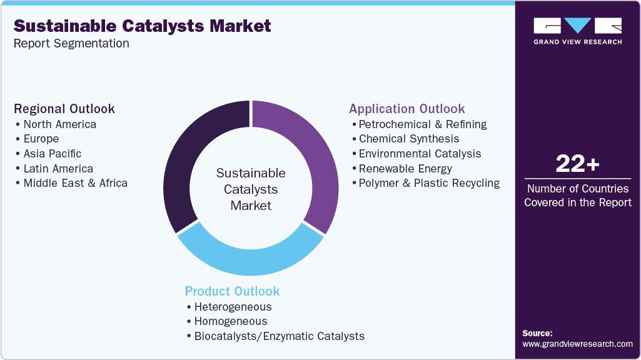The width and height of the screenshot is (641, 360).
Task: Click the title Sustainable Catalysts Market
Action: tap(143, 26)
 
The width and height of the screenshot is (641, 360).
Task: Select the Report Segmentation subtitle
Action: tap(71, 44)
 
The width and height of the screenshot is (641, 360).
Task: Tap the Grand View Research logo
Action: tap(577, 31)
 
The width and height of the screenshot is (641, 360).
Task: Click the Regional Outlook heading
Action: tap(64, 109)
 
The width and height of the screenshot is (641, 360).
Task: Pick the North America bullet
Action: tap(59, 124)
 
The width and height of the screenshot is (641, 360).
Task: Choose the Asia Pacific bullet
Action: tap(52, 154)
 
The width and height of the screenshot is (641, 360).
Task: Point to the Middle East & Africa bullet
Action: tap(75, 183)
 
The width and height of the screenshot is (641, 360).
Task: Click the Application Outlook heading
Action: tap(407, 109)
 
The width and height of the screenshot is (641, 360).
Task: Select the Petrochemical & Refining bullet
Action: tap(422, 124)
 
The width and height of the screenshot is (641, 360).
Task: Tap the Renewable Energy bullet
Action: tap(405, 168)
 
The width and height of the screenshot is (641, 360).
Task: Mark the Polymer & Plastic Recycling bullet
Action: tap(428, 183)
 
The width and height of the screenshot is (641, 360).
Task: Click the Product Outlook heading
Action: tap(232, 291)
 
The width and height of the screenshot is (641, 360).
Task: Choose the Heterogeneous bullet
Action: tap(233, 307)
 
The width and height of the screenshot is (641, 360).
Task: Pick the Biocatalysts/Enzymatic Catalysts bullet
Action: tap(279, 336)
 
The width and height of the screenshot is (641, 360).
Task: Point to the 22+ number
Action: tap(577, 164)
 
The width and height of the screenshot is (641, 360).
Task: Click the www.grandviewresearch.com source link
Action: tap(577, 344)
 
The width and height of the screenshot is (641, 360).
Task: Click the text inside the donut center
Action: tap(250, 189)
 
